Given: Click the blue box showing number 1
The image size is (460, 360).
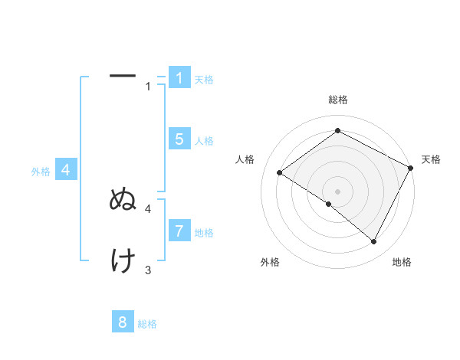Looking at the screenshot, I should tap(179, 78).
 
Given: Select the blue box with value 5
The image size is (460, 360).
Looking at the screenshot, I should tap(179, 139).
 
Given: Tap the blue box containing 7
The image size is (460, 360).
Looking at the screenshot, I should tap(179, 231).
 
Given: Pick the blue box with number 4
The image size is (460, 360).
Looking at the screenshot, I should tap(66, 170).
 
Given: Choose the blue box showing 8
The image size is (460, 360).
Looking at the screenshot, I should tap(123, 322).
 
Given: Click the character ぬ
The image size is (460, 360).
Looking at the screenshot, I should tap(123, 200).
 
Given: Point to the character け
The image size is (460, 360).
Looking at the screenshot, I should tap(123, 261).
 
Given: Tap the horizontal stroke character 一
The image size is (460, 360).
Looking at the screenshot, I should tap(123, 77).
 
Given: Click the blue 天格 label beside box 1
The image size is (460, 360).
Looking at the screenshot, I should tap(204, 79).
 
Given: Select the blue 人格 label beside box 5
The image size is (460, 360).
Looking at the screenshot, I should tap(204, 141).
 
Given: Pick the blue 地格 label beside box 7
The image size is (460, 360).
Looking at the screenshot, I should tap(204, 232).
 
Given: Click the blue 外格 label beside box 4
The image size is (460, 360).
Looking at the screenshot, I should tap(41, 172).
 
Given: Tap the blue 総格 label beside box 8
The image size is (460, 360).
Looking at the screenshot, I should tap(147, 324).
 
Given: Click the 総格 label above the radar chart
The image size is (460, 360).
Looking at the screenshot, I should tap(337, 100).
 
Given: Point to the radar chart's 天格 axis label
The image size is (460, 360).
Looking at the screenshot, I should tap(431, 159).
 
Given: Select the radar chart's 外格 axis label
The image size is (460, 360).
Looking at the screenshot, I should tap(269, 262).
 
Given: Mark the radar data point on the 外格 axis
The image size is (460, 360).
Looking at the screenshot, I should tap(328, 205).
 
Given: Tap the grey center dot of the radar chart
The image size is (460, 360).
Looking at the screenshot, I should tap(337, 191).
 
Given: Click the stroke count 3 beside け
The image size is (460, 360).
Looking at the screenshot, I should tap(148, 270).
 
